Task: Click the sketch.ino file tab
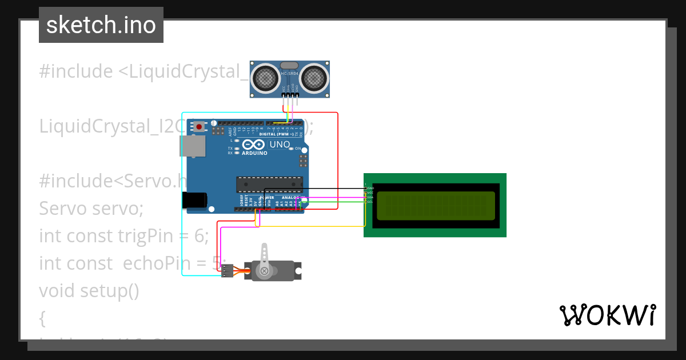[x=101, y=25]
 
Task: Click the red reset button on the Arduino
[x=198, y=127]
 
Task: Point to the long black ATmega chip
[x=269, y=184]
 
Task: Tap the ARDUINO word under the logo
[x=254, y=153]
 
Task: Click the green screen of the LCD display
[x=436, y=205]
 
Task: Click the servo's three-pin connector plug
[x=228, y=271]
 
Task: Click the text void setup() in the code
[x=89, y=290]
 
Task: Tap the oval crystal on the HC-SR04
[x=290, y=66]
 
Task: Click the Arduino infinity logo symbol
[x=254, y=145]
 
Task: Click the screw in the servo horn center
[x=264, y=271]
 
